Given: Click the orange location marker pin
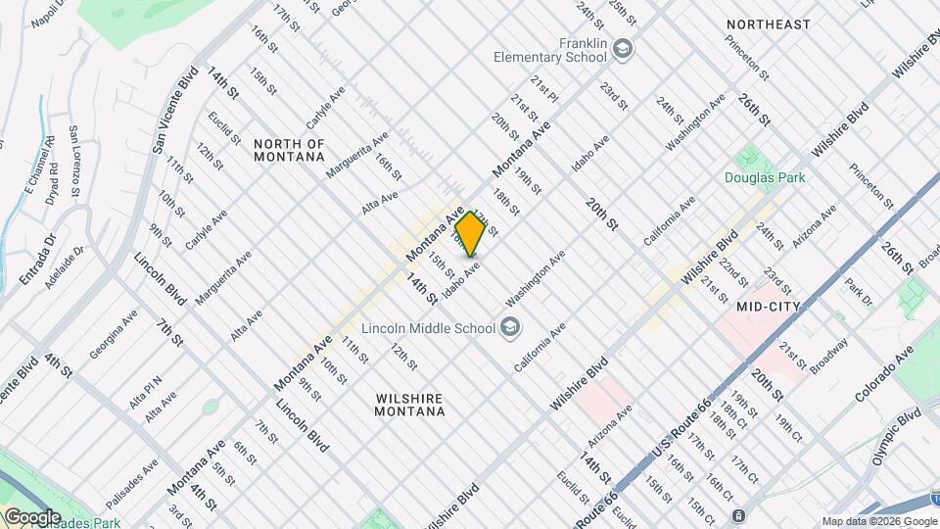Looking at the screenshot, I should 470,234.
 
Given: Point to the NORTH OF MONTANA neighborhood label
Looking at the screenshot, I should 289,150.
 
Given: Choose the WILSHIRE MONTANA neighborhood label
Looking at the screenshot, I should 409,405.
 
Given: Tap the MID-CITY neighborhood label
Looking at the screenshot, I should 769,307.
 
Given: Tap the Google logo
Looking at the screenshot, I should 31,516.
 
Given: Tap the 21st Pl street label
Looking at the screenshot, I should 544,91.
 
